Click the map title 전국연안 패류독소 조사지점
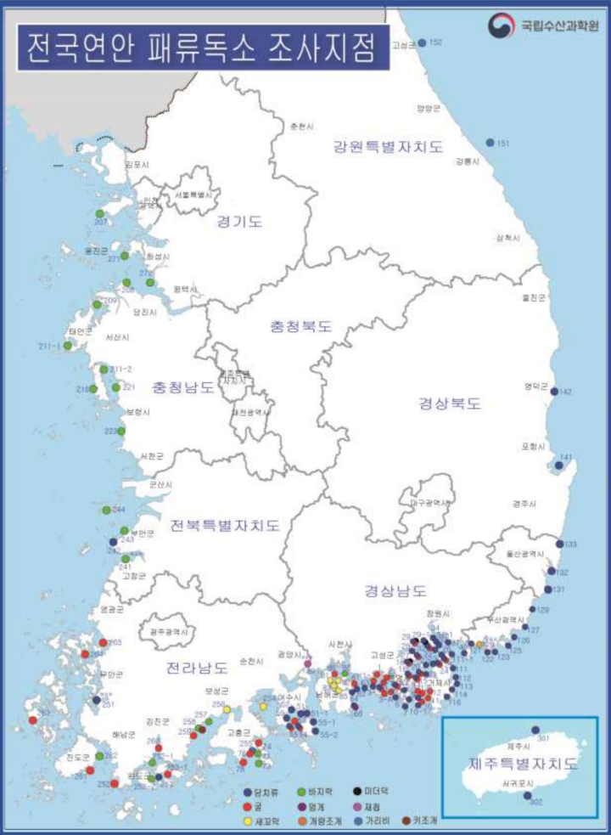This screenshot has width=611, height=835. pos(200,48)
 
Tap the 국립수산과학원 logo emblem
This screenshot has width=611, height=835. pos(502,25)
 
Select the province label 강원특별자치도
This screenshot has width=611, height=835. pos(388,147)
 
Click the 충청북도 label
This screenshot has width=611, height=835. pos(300,326)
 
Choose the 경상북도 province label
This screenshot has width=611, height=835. pos(450,403)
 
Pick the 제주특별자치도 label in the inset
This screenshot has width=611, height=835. pos(524,764)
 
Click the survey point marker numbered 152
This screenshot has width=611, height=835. pos(422,42)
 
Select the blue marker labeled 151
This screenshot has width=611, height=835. pos(490,142)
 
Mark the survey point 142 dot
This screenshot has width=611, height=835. pos(555,392)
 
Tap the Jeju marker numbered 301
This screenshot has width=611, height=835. pos(535,730)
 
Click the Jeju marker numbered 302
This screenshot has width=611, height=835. pos(528,796)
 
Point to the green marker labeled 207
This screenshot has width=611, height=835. pos(99,212)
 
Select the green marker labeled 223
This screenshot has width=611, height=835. pos(121,431)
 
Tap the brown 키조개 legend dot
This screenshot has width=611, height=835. pos(406,821)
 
